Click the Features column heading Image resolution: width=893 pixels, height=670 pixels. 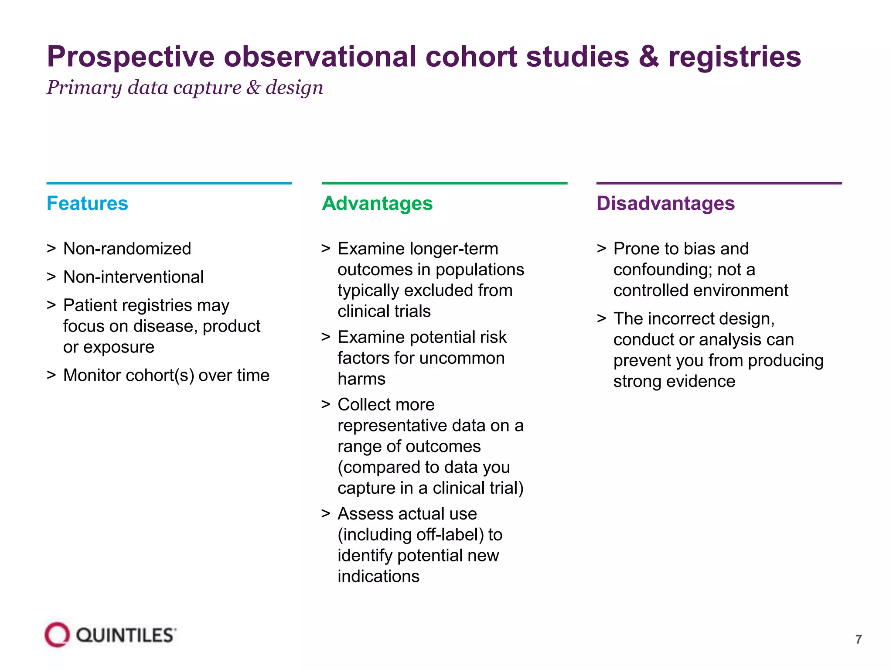coord(87,203)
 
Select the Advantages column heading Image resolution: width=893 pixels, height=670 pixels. coord(377,203)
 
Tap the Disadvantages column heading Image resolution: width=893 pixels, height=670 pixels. coord(665,203)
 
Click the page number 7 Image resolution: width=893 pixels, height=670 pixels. coord(858,639)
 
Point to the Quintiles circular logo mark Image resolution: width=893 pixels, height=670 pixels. coord(57,635)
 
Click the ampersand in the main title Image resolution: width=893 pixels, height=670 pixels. coord(649,57)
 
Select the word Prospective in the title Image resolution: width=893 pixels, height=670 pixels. coord(131,57)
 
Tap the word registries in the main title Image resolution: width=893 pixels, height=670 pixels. coord(735,57)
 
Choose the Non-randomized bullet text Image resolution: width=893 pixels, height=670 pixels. coord(127,249)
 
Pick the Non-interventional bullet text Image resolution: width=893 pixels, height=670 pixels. coord(133,277)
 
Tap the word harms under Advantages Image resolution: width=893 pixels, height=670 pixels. coord(361,379)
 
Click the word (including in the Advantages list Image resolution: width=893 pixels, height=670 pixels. coord(374,535)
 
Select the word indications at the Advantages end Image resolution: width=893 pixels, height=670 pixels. coord(378,577)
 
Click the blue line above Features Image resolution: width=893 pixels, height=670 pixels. coord(169,183)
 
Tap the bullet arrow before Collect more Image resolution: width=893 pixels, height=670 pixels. coord(326,404)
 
